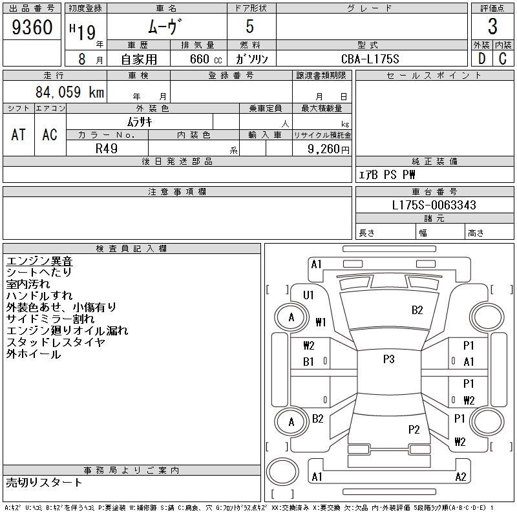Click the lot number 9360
click(32, 27)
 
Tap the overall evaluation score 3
click(492, 27)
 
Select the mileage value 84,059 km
click(70, 92)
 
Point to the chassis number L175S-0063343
click(434, 206)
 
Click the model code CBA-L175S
click(371, 59)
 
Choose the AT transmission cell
click(19, 134)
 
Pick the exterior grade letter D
click(481, 59)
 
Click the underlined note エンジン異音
click(39, 261)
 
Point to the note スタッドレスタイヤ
click(55, 343)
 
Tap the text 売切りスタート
click(44, 482)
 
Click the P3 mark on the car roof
click(388, 359)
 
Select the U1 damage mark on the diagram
click(308, 295)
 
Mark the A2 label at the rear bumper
click(461, 477)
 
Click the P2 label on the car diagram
click(414, 429)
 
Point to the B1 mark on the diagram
click(308, 362)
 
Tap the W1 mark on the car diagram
click(321, 321)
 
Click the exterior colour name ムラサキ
click(140, 121)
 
